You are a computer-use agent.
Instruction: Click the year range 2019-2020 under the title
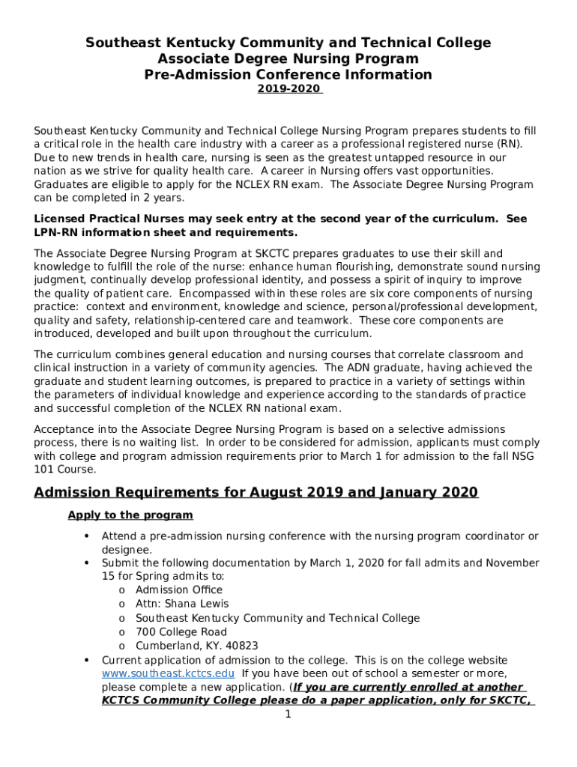[288, 89]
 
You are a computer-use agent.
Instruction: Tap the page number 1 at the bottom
[288, 714]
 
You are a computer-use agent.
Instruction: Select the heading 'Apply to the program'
[130, 515]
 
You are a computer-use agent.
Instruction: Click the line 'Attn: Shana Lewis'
[182, 604]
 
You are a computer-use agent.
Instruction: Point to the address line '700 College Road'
[181, 632]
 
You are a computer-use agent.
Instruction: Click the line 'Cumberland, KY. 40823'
[196, 646]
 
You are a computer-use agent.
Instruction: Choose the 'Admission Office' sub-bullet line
[178, 589]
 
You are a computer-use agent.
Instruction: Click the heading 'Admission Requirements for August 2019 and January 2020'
[256, 492]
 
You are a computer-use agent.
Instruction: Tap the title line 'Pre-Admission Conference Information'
[288, 74]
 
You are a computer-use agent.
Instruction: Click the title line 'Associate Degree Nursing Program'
[288, 58]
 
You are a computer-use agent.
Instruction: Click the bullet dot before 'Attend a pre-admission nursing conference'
[88, 536]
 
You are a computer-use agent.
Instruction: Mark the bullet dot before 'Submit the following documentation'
[88, 563]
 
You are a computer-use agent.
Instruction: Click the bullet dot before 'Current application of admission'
[88, 660]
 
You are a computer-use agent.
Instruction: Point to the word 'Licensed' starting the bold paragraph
[58, 219]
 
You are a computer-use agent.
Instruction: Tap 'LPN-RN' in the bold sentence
[55, 232]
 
